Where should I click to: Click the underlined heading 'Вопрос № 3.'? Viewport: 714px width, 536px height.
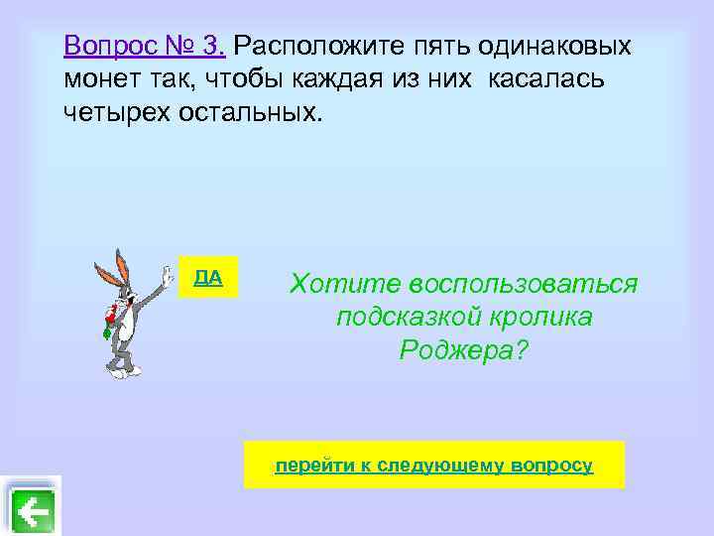(145, 46)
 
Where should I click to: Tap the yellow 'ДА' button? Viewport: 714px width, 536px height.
(208, 277)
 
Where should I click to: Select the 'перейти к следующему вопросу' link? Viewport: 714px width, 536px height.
(434, 465)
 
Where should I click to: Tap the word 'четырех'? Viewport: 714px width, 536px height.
(116, 111)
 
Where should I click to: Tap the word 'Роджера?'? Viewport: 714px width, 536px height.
(464, 349)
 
